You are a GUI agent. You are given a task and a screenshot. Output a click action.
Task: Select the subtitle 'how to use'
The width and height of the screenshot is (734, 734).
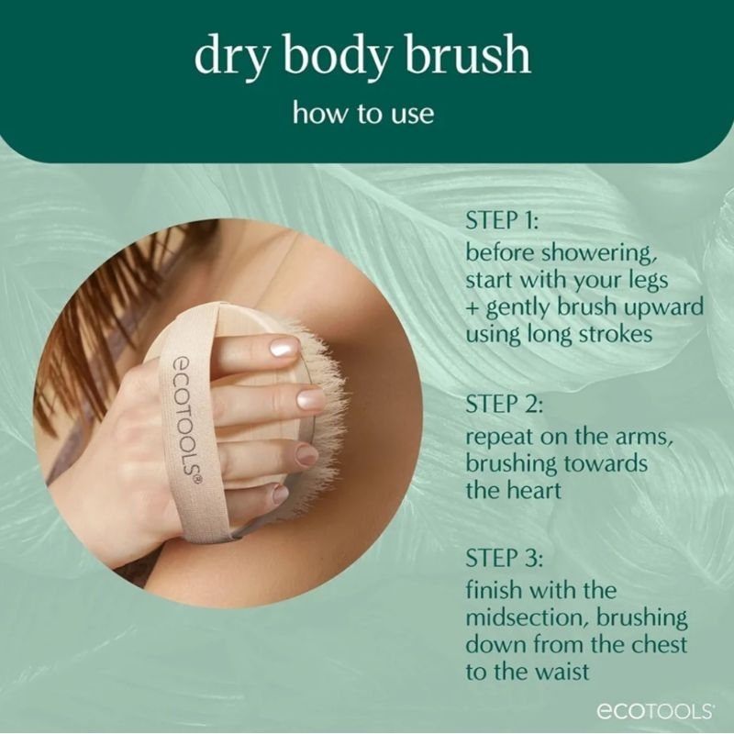tap(363, 113)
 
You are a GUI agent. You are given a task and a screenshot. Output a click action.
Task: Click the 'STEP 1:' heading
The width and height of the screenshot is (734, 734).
tap(502, 220)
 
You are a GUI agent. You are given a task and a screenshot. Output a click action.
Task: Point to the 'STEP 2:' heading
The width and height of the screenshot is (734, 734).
tap(504, 405)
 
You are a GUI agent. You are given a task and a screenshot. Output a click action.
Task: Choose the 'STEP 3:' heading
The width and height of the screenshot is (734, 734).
tap(504, 559)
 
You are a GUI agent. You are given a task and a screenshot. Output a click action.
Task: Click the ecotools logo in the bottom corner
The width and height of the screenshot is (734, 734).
tap(655, 711)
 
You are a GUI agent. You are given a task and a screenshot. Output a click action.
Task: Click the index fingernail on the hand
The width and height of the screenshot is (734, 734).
tap(284, 348)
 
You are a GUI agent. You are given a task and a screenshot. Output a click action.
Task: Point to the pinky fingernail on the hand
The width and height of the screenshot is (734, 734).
tap(280, 495)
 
